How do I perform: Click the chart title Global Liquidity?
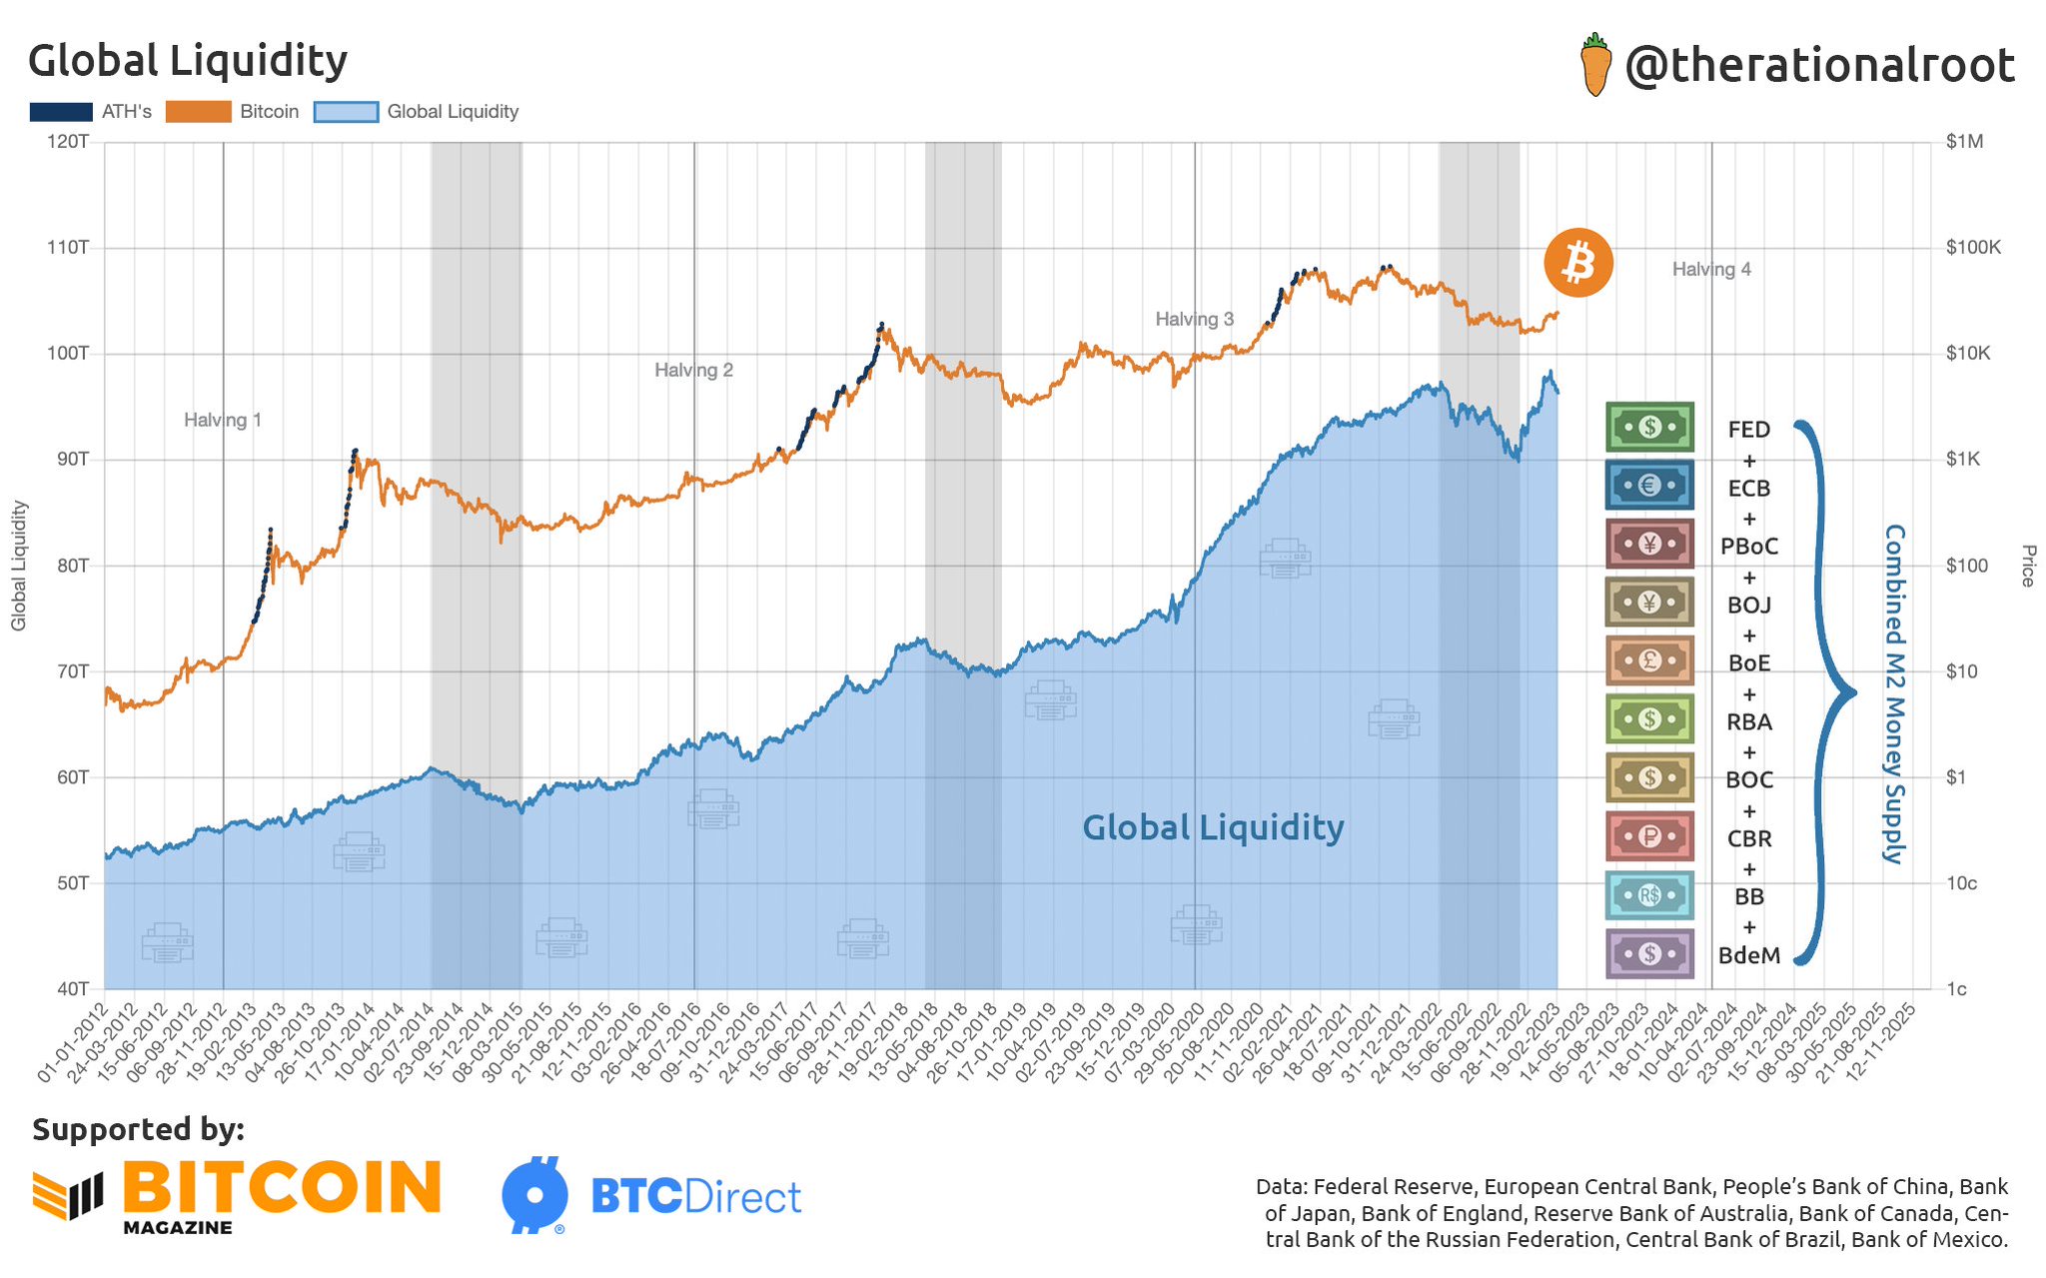tap(188, 61)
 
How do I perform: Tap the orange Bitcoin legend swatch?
tap(198, 112)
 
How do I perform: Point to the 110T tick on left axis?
tap(68, 248)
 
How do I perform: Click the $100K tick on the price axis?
tap(1972, 248)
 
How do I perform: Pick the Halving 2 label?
tap(693, 371)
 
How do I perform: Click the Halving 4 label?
tap(1710, 270)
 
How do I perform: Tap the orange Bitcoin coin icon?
tap(1577, 264)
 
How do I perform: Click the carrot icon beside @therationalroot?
tap(1595, 65)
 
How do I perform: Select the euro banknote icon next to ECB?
tap(1649, 486)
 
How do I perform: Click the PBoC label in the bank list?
tap(1748, 547)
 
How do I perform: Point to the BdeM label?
tap(1748, 955)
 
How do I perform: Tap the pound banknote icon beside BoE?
tap(1649, 660)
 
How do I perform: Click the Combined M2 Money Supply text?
tap(1893, 693)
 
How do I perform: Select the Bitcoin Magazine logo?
tap(237, 1195)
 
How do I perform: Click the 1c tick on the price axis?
tap(1956, 989)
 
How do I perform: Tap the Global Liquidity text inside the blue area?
tap(1213, 827)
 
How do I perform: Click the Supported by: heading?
tap(138, 1129)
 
